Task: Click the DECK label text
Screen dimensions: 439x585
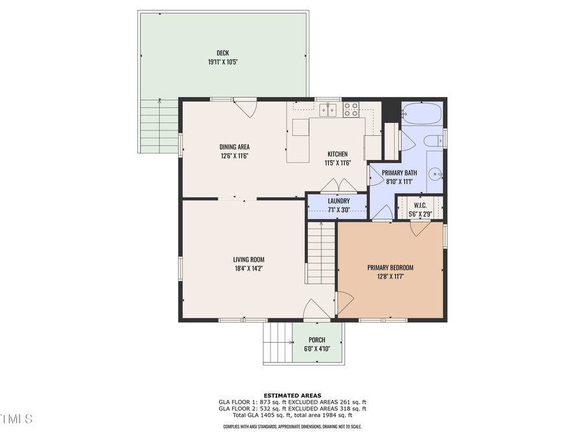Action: point(222,53)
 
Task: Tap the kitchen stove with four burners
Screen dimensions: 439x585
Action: point(351,109)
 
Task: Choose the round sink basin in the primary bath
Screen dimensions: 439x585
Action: point(435,174)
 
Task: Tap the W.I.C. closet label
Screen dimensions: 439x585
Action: point(419,205)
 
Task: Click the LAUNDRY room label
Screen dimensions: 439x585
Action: point(339,201)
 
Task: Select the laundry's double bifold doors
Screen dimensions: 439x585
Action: point(339,185)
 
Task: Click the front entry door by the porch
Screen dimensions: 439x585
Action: point(317,311)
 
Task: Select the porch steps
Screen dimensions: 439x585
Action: point(278,343)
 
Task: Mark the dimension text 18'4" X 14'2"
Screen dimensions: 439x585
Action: point(248,267)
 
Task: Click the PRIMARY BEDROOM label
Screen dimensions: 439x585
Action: point(390,267)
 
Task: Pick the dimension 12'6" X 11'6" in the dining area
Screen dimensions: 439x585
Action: point(234,156)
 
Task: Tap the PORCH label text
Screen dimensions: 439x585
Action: point(317,339)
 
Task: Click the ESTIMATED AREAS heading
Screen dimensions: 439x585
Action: point(292,395)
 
